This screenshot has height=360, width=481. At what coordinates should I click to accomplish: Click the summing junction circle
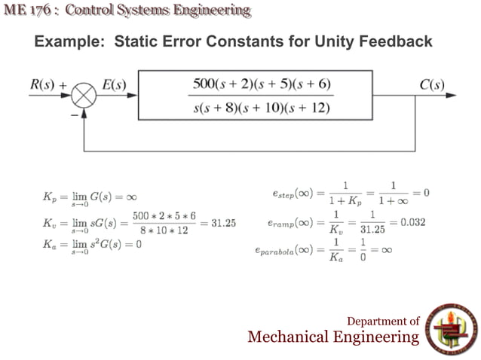pos(86,96)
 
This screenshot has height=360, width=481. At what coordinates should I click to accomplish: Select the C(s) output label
pos(431,84)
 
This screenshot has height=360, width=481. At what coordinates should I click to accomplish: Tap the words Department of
pos(383,320)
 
